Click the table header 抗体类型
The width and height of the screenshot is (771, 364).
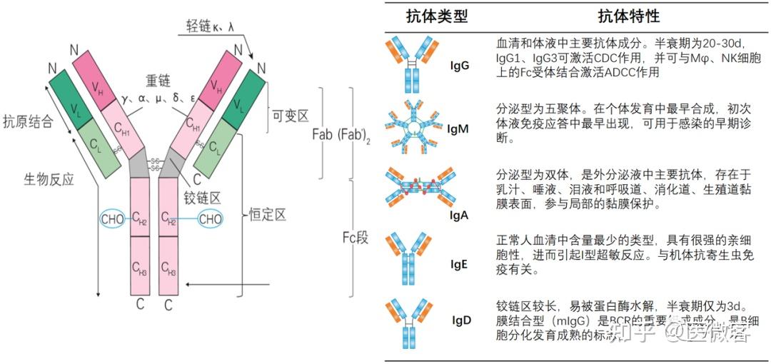(437, 16)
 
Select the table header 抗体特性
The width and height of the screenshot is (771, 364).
(630, 16)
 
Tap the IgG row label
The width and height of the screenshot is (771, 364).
(460, 66)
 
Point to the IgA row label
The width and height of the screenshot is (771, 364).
(459, 213)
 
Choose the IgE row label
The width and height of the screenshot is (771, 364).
(460, 264)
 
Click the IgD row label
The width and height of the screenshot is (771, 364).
(461, 320)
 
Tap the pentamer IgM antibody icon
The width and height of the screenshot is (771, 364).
(414, 128)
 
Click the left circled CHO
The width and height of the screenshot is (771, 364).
(112, 219)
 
